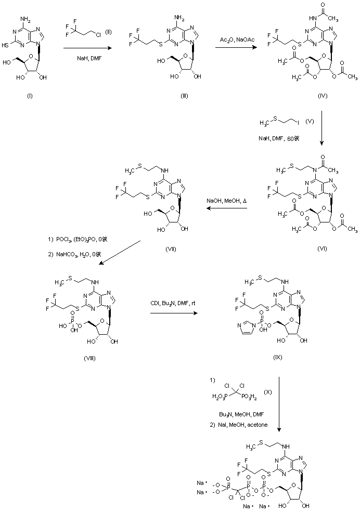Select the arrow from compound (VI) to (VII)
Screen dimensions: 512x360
click(225, 208)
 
